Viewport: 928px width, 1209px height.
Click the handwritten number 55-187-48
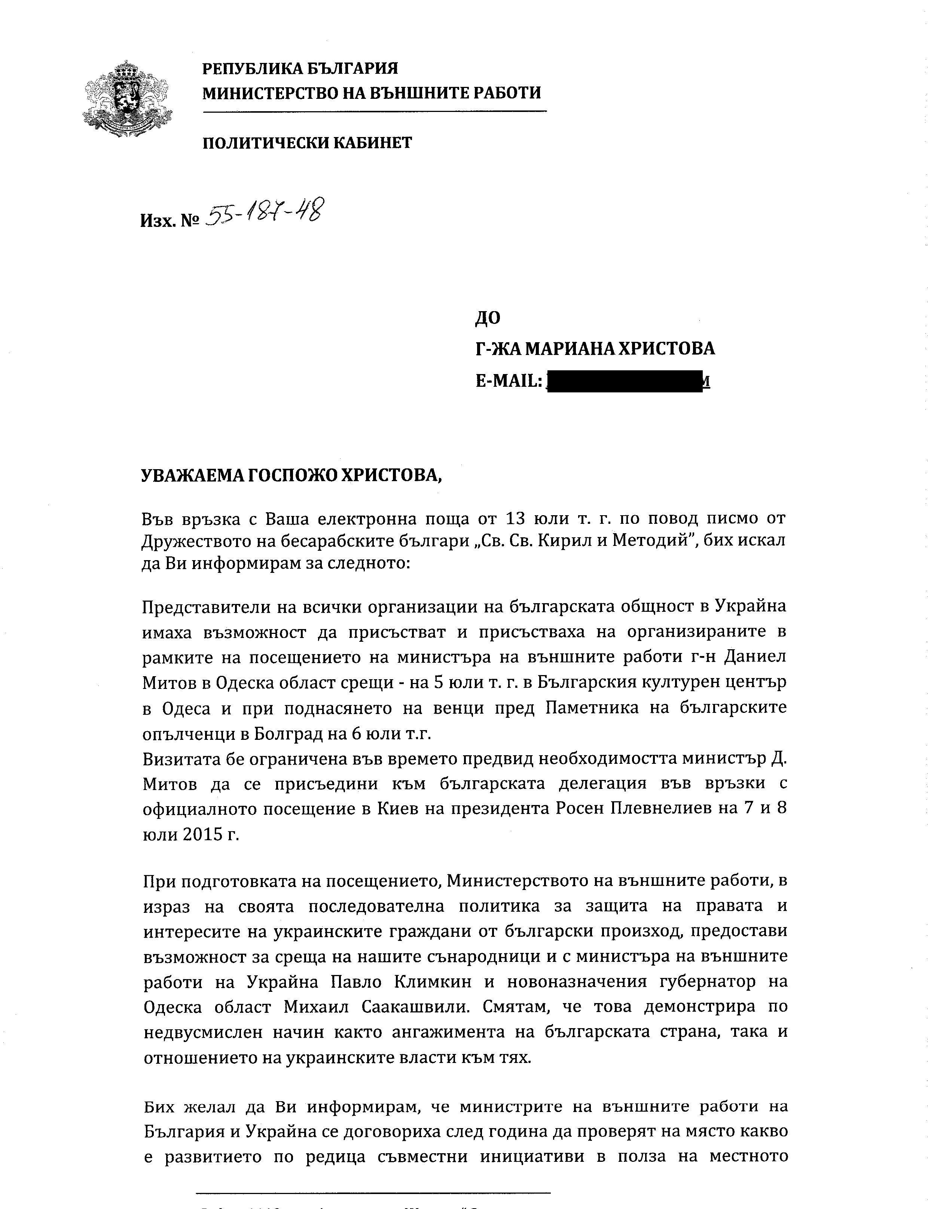tap(264, 213)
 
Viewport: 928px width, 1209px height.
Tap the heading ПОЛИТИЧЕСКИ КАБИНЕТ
tap(307, 143)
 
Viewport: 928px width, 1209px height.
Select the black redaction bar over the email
tap(623, 381)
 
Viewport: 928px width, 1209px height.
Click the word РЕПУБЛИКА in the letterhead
tap(250, 69)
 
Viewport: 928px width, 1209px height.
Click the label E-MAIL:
tap(508, 381)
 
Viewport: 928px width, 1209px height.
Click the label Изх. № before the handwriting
tap(169, 221)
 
